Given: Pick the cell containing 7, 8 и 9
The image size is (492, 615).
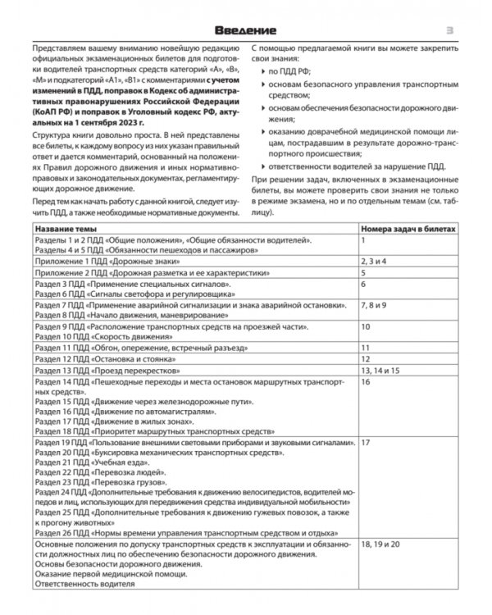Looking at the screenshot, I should tap(379, 304).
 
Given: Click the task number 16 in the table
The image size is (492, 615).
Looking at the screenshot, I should tap(367, 382).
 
